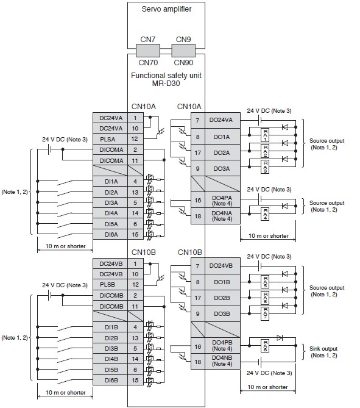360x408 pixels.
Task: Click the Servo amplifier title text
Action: (x=166, y=9)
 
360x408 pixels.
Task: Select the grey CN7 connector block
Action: (x=148, y=51)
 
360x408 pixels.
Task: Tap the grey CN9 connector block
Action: (x=183, y=51)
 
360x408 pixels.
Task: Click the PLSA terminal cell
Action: (x=110, y=139)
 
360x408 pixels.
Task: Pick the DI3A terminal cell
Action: (x=110, y=202)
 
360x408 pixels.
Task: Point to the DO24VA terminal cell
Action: (x=222, y=120)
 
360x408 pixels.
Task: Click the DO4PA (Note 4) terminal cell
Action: (x=222, y=201)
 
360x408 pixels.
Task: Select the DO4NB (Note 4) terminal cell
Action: (x=222, y=361)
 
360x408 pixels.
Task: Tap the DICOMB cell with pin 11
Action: (x=110, y=306)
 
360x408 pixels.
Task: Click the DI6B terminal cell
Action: (x=110, y=380)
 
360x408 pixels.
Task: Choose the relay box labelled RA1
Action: (x=265, y=135)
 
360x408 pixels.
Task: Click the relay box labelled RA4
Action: (x=265, y=214)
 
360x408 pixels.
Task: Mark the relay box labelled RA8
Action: (x=265, y=346)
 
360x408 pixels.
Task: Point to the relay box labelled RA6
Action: (x=265, y=298)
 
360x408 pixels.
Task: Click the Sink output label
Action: (x=323, y=349)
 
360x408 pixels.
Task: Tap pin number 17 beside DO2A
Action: (x=198, y=152)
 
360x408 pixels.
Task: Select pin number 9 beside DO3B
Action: (x=198, y=314)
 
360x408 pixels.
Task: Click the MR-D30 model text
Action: (x=166, y=84)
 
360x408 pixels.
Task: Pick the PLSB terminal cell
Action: (x=110, y=285)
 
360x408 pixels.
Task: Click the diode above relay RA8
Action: (x=280, y=338)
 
